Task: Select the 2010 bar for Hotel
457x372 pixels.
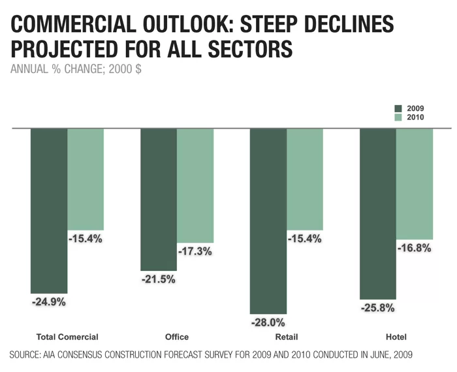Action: point(415,183)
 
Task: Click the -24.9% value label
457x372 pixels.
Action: point(49,302)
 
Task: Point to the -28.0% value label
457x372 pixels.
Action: point(268,322)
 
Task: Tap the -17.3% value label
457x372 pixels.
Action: point(195,251)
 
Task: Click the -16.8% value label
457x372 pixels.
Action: point(415,248)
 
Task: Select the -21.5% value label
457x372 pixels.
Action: point(159,279)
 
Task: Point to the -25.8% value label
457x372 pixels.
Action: point(378,307)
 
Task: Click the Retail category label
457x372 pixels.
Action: point(286,337)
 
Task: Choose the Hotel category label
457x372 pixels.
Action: point(396,337)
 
